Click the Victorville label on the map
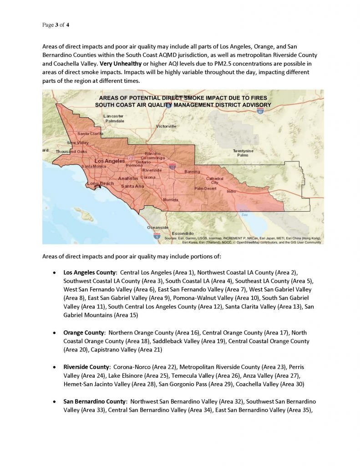(166, 126)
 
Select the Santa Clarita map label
(90, 133)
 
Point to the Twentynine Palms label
(243, 153)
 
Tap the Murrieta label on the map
(171, 199)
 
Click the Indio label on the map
(231, 192)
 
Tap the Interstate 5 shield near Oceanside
(157, 236)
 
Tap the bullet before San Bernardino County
(55, 402)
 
